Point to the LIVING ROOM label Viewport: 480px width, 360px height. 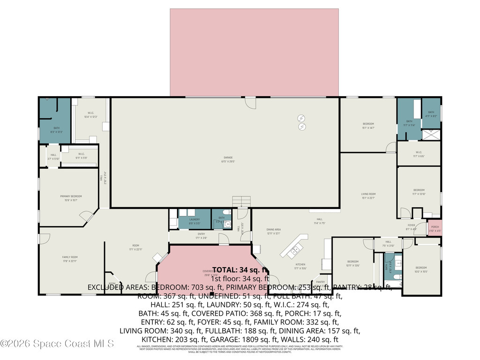click(x=368, y=195)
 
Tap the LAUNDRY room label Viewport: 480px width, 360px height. click(x=195, y=221)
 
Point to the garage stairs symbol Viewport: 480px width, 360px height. click(x=242, y=202)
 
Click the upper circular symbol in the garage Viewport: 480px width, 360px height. click(x=302, y=118)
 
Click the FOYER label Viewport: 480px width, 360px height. click(x=411, y=227)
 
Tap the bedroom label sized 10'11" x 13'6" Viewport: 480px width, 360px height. click(x=352, y=263)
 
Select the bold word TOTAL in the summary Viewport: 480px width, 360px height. click(x=227, y=270)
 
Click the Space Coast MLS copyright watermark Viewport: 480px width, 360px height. click(x=57, y=344)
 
